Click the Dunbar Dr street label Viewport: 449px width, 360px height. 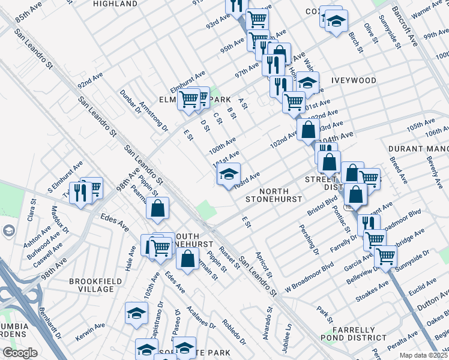click(x=129, y=101)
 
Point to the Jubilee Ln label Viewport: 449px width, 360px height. click(x=288, y=332)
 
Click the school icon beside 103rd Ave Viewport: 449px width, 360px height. click(x=228, y=175)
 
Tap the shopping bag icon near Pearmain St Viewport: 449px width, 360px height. click(x=158, y=209)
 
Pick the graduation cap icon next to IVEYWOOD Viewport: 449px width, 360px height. click(x=307, y=82)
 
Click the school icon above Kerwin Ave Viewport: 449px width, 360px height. click(x=136, y=313)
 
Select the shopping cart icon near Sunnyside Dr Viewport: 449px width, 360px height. click(x=385, y=256)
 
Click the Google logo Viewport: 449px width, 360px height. click(x=20, y=353)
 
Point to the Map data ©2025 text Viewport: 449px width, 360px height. click(x=423, y=355)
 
